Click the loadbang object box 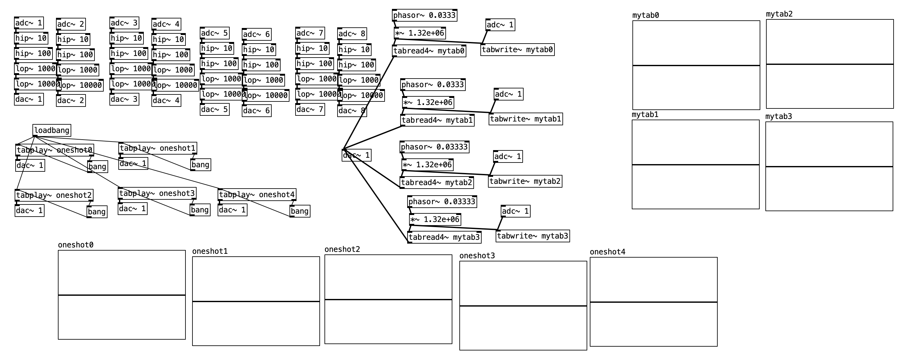click(x=52, y=130)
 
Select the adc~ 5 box click(x=214, y=33)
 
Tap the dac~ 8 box click(x=352, y=111)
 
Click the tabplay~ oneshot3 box click(x=157, y=193)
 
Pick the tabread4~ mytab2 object click(x=436, y=183)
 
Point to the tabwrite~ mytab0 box click(x=517, y=50)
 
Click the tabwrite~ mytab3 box click(x=532, y=236)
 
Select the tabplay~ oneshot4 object click(x=256, y=195)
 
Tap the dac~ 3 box click(x=124, y=100)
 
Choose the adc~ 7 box click(x=310, y=33)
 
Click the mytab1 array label click(x=645, y=115)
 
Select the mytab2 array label click(x=779, y=14)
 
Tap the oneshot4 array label click(x=607, y=252)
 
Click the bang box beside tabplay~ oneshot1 click(x=200, y=165)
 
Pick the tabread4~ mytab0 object click(x=429, y=51)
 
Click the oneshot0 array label click(x=75, y=245)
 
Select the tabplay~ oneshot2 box click(x=54, y=195)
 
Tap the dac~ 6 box click(x=256, y=111)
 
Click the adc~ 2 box click(x=71, y=24)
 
